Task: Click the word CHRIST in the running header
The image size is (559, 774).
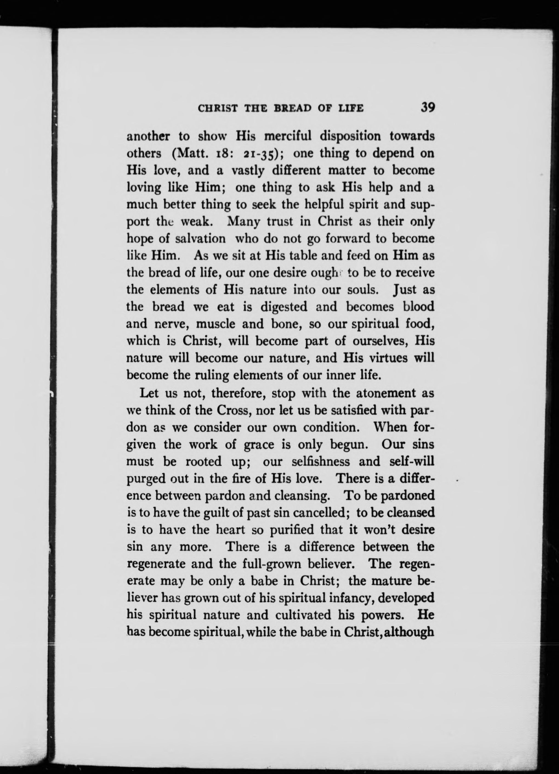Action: [x=217, y=109]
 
